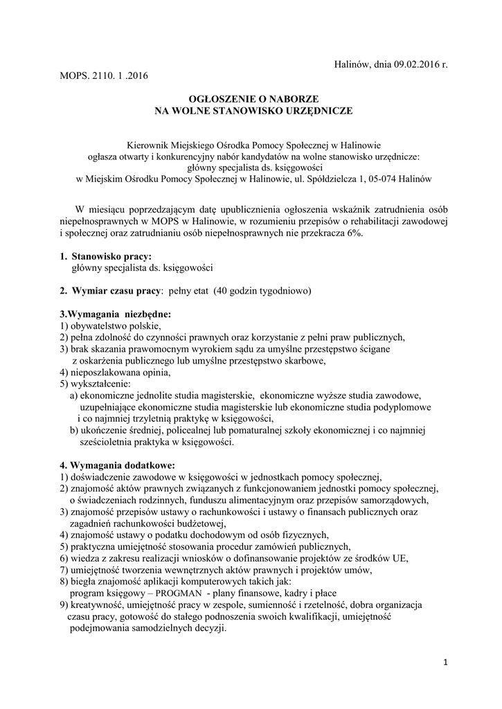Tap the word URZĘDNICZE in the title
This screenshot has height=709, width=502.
tap(316, 110)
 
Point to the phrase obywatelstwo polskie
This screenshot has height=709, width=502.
tap(114, 325)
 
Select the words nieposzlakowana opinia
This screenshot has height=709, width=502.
tap(118, 372)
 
